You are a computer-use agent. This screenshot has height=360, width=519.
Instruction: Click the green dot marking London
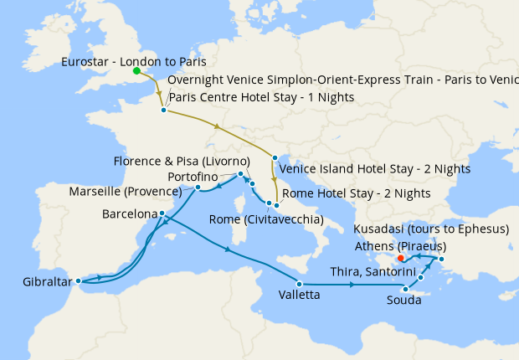136,72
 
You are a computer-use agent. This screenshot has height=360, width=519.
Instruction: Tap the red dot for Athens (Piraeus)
402,258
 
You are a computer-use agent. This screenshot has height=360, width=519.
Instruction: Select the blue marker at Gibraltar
77,281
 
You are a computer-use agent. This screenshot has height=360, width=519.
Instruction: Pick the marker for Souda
405,290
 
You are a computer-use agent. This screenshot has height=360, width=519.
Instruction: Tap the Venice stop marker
274,157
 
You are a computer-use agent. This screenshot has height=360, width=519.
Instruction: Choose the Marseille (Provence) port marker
198,188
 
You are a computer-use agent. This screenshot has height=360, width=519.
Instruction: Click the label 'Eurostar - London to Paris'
134,62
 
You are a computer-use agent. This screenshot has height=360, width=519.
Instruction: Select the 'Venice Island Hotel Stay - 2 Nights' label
374,168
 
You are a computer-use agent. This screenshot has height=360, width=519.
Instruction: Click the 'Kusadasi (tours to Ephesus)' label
431,229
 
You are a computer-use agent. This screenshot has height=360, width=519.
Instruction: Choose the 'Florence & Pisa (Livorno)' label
182,161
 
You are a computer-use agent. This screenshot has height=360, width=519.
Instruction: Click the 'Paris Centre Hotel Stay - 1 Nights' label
261,98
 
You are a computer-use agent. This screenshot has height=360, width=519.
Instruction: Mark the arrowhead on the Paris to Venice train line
218,127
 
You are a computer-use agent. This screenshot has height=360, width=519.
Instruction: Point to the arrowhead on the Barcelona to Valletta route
228,250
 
